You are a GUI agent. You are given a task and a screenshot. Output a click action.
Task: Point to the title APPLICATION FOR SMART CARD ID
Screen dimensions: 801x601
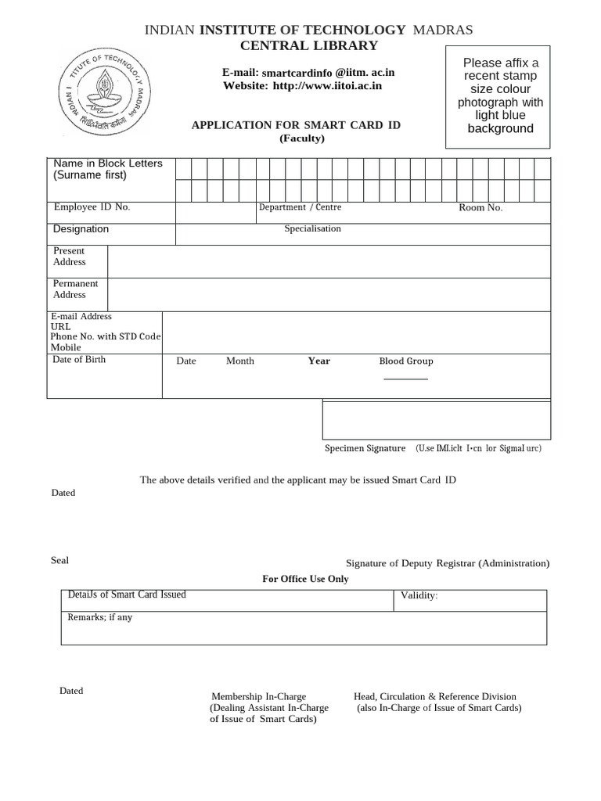click(x=291, y=125)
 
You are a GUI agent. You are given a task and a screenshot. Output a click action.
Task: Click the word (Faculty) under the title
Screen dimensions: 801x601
click(x=302, y=139)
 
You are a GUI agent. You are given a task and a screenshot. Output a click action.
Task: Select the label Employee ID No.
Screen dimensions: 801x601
click(x=92, y=207)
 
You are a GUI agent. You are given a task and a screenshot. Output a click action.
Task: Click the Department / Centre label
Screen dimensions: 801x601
click(x=300, y=207)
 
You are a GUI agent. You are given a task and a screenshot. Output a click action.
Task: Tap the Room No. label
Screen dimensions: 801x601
click(x=480, y=208)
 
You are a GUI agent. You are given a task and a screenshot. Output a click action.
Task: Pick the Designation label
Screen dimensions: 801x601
click(x=81, y=229)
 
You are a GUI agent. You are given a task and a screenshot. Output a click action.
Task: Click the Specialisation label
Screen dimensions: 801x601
click(x=312, y=229)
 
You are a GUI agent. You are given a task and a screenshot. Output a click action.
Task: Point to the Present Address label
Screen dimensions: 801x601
click(x=70, y=257)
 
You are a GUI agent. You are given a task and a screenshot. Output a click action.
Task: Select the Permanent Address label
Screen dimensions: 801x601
click(x=76, y=289)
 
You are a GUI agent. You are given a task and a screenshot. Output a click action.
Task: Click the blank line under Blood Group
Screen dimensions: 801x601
click(x=405, y=379)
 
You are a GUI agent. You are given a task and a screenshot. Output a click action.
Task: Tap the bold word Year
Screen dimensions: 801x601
click(x=318, y=361)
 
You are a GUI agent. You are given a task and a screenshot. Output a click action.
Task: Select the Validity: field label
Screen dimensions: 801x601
click(x=419, y=597)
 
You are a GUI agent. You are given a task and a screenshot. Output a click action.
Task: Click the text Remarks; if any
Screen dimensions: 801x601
click(x=100, y=618)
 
